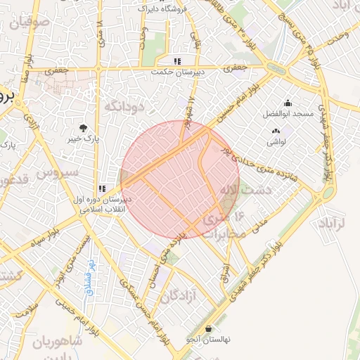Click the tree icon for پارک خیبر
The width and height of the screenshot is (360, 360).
point(84,128)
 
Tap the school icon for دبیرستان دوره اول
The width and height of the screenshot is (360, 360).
point(103,188)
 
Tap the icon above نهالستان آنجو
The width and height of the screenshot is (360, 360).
point(209,328)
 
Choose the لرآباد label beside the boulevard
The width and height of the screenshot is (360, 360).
point(334,224)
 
